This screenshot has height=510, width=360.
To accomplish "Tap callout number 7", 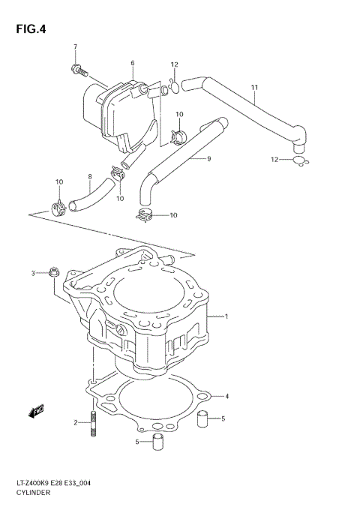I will (75, 47).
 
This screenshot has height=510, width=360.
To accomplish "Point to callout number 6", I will (132, 63).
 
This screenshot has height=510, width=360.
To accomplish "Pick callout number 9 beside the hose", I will (209, 158).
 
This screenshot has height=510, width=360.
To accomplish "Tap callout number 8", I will (89, 178).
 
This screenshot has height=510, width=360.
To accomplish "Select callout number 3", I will (33, 272).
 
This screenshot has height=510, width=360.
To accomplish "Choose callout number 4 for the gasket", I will (227, 396).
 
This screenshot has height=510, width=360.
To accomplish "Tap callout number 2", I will (75, 423).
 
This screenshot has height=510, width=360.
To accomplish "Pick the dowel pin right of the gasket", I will (202, 418).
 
